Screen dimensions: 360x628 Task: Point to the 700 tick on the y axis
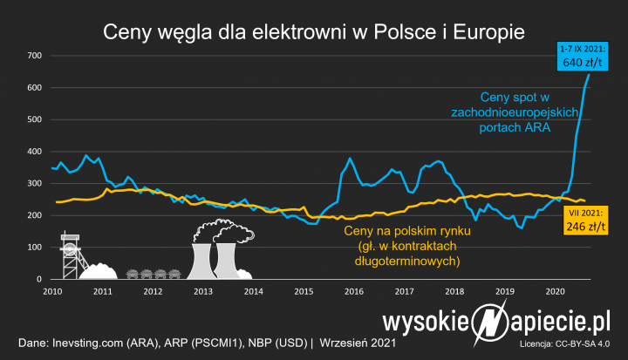pyautogui.click(x=35, y=57)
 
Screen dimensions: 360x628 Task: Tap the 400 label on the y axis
pyautogui.click(x=35, y=152)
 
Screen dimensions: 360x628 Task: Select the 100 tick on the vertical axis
pyautogui.click(x=35, y=247)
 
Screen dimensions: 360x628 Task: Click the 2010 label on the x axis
pyautogui.click(x=51, y=291)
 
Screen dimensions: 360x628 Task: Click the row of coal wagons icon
pyautogui.click(x=153, y=273)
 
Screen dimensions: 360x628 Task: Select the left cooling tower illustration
pyautogui.click(x=201, y=259)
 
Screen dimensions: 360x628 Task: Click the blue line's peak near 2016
pyautogui.click(x=350, y=160)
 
